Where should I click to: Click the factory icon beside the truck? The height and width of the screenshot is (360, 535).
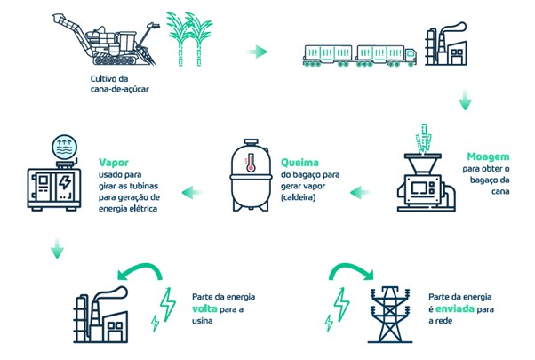(x=450, y=45)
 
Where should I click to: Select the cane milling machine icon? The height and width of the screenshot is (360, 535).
(x=425, y=178)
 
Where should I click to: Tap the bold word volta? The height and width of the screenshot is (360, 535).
(x=206, y=310)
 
